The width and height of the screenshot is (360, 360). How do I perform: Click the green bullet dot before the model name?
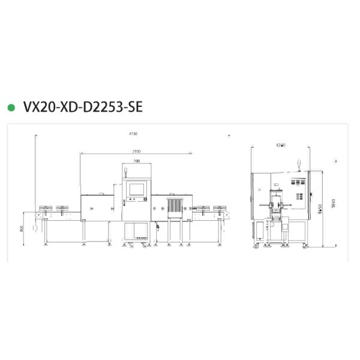pyautogui.click(x=11, y=107)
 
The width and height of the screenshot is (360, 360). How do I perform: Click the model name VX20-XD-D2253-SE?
pyautogui.click(x=83, y=107)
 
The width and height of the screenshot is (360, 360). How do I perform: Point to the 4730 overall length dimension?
pyautogui.click(x=133, y=133)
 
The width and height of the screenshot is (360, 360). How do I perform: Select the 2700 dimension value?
pyautogui.click(x=137, y=152)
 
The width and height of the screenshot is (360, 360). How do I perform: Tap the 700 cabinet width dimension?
pyautogui.click(x=137, y=161)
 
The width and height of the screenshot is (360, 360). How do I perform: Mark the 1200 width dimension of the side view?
pyautogui.click(x=280, y=145)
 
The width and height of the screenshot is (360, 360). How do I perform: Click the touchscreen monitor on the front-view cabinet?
pyautogui.click(x=136, y=189)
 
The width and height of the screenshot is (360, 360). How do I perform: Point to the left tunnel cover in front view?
pyautogui.click(x=95, y=207)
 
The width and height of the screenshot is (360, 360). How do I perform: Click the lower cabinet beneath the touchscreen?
pyautogui.click(x=137, y=232)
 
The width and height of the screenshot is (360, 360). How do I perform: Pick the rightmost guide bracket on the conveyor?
pyautogui.click(x=222, y=210)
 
